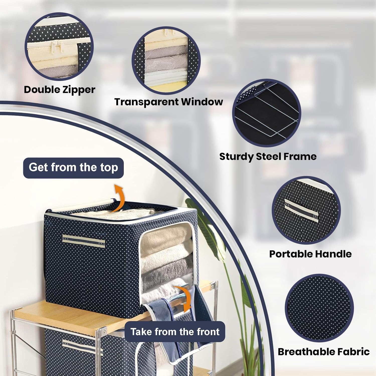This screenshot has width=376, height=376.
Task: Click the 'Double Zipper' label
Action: point(59,90)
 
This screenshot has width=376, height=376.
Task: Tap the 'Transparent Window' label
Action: point(168,102)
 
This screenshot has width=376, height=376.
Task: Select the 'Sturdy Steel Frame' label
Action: point(268,157)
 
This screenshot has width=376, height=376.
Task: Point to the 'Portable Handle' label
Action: point(310,254)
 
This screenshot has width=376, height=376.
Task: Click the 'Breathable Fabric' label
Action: point(324,352)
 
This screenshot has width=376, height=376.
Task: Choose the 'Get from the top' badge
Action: point(73,168)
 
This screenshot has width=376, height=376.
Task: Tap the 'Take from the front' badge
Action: point(175,332)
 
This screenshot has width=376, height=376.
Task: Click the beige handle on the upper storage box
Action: point(84,241)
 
